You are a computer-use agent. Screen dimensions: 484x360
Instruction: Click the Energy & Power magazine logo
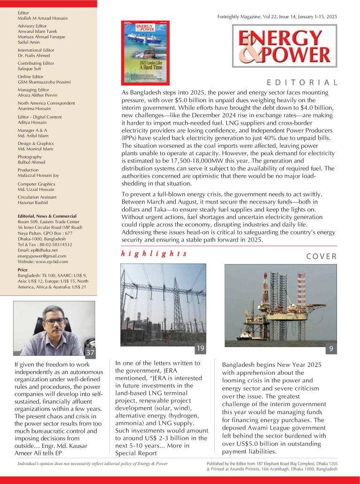tap(284, 46)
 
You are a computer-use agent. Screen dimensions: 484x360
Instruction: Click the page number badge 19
tap(200, 348)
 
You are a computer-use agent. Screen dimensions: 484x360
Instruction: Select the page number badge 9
tap(331, 349)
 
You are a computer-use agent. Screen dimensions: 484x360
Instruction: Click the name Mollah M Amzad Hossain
tap(43, 18)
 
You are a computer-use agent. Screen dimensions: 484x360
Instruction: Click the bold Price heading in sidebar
tap(22, 270)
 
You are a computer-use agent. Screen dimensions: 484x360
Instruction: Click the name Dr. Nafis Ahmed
tap(34, 55)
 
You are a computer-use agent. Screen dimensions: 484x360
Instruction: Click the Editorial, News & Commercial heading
tap(47, 216)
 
